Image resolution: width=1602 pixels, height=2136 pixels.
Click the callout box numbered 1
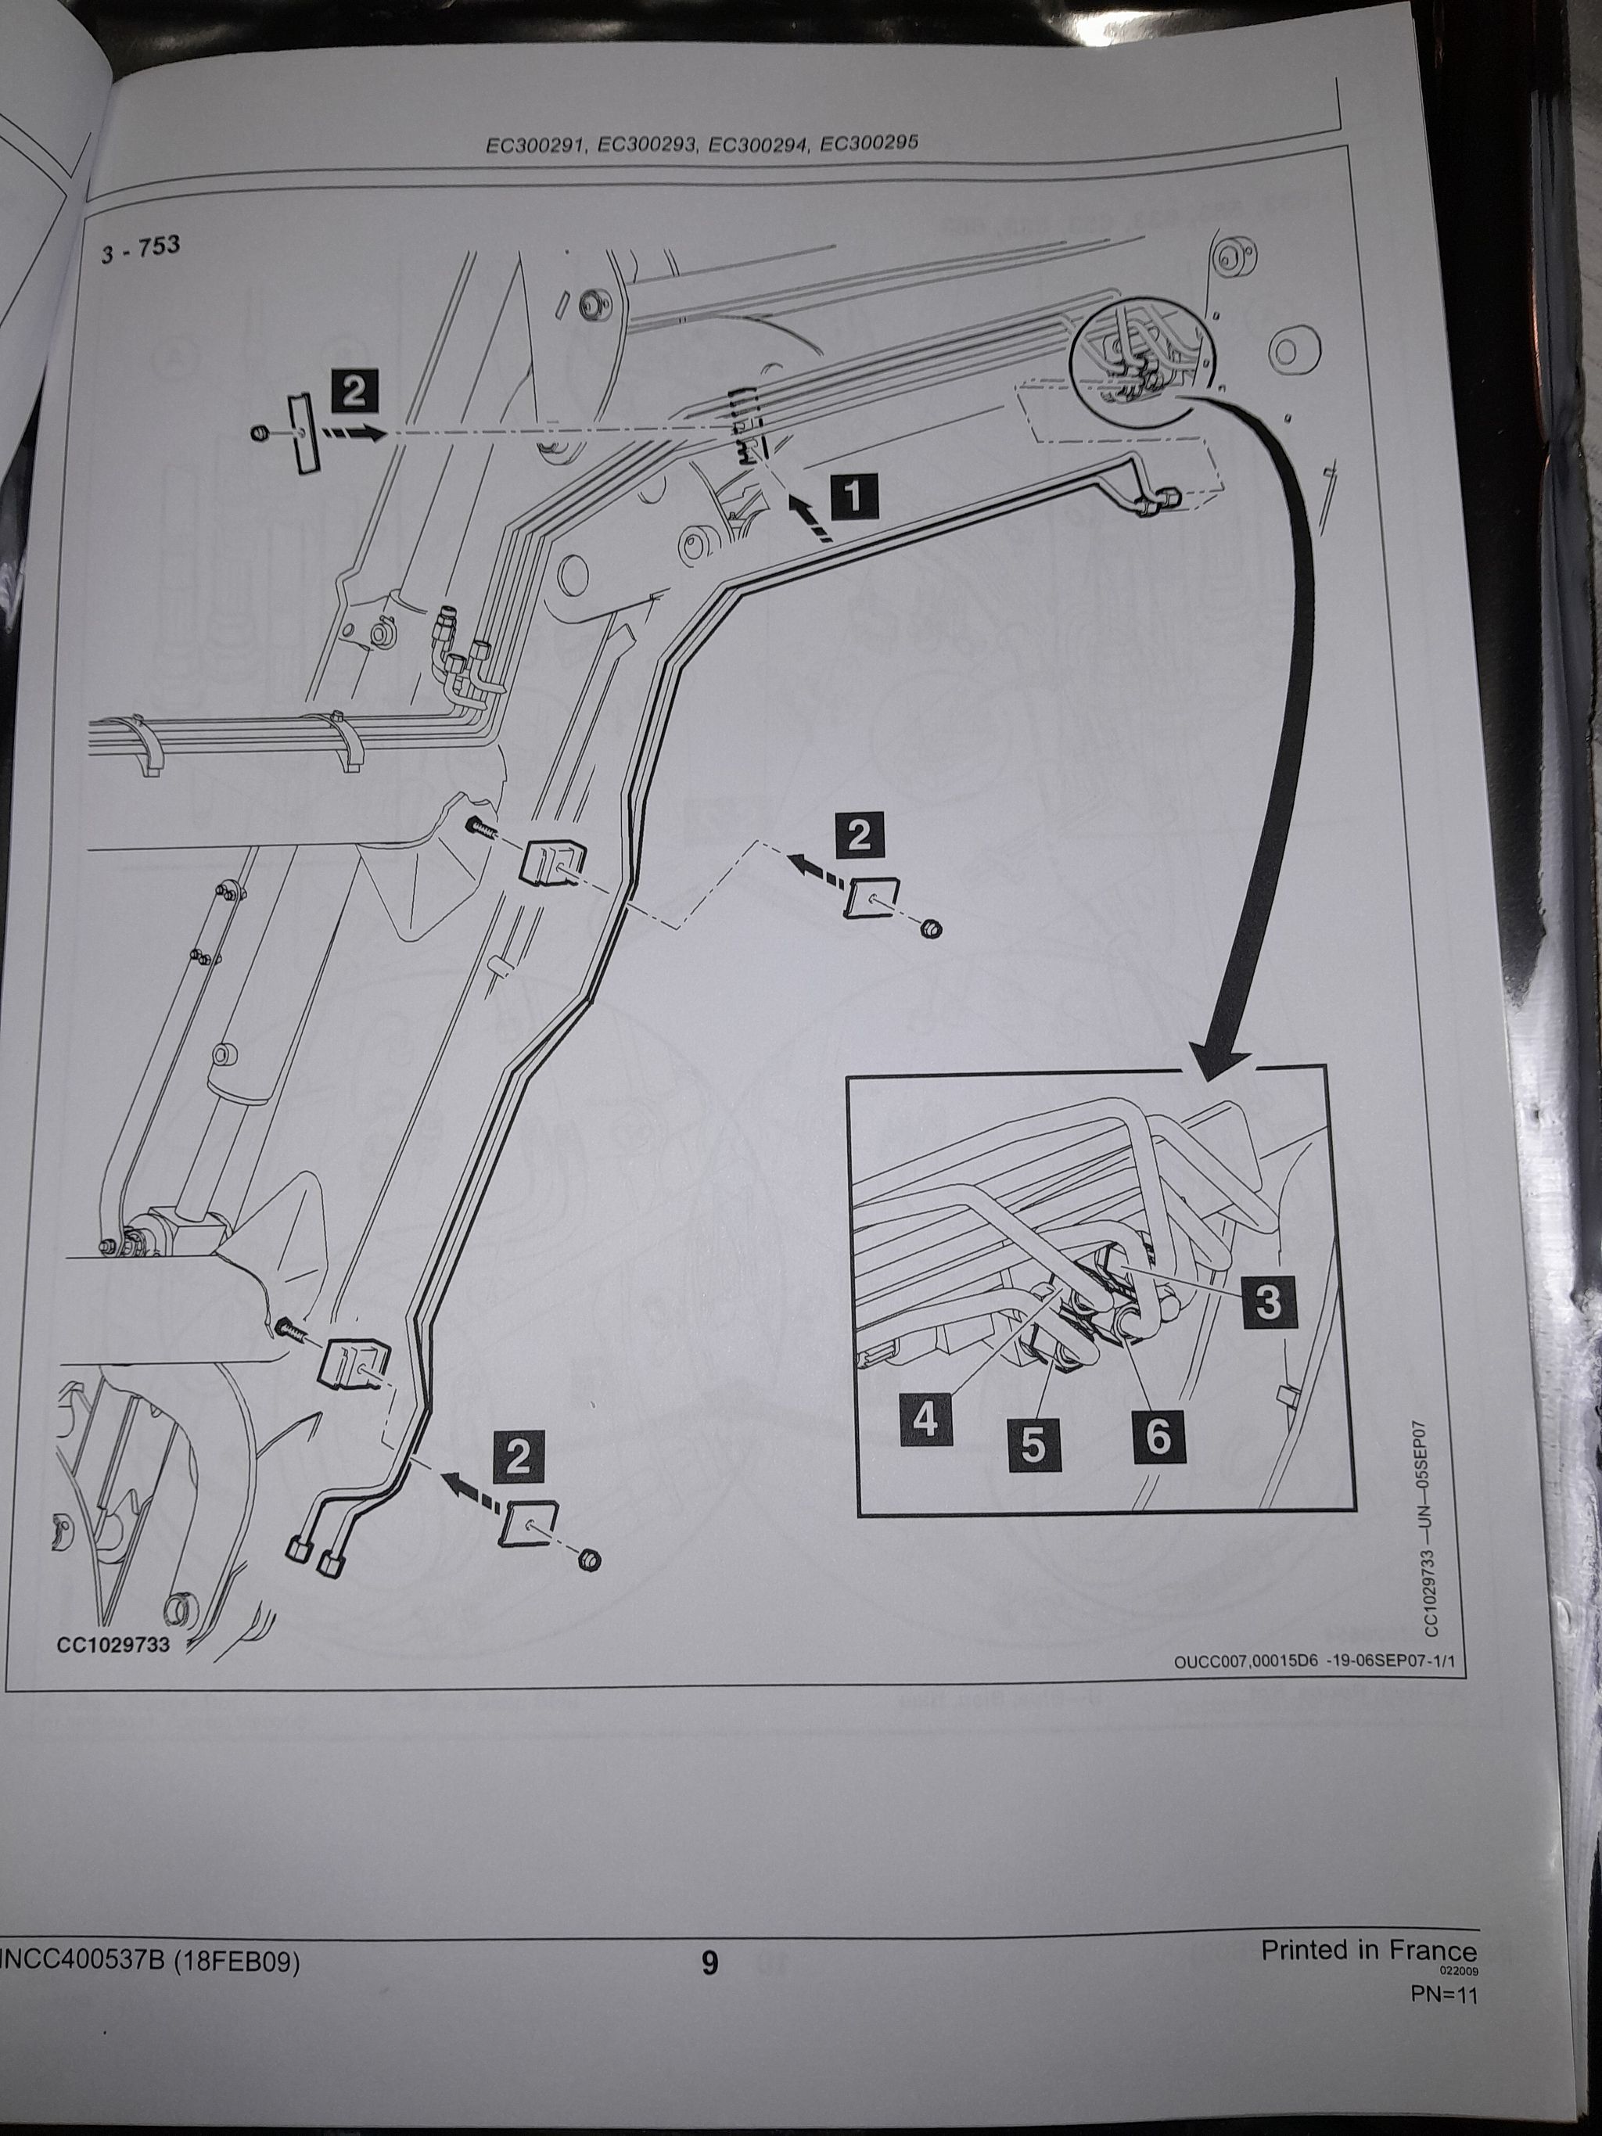(853, 497)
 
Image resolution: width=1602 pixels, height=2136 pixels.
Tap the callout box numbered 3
(1269, 1301)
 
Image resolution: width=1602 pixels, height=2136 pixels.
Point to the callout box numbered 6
(1158, 1436)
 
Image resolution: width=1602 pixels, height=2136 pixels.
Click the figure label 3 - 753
(140, 249)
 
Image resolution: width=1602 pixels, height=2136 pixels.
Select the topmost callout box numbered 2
(354, 393)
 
